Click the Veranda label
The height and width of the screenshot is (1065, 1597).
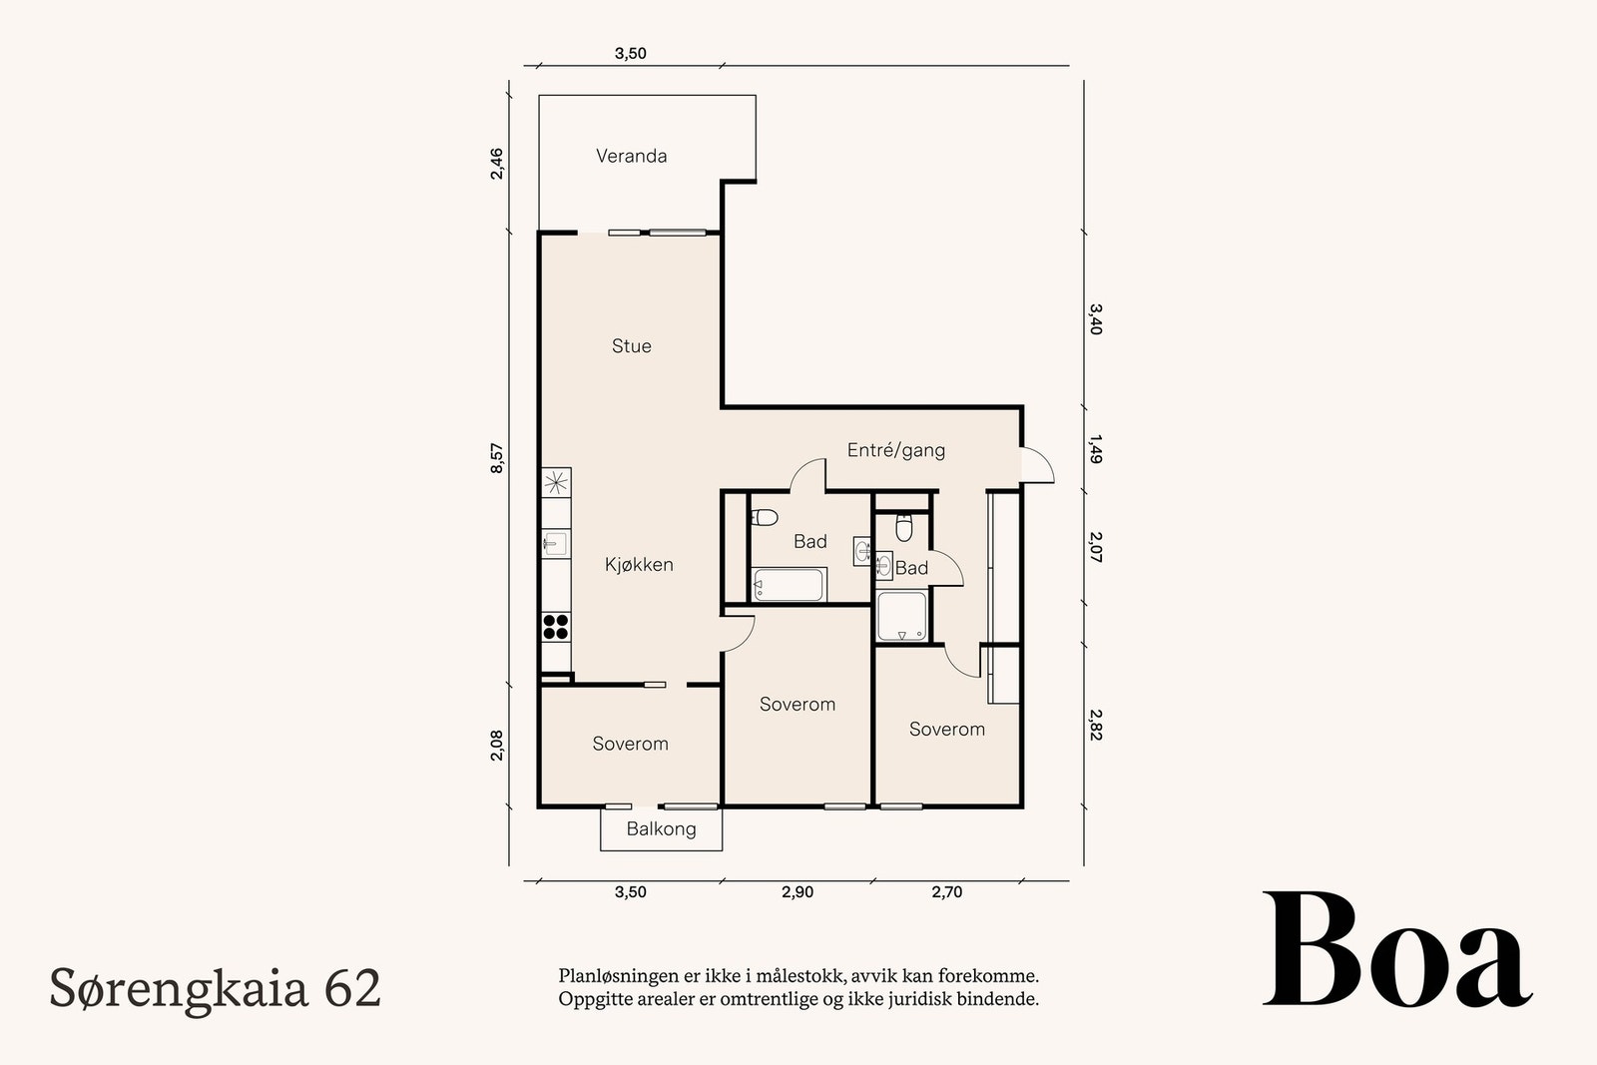[x=631, y=156]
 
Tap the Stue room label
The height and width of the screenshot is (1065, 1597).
[x=631, y=345]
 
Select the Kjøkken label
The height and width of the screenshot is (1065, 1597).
[x=639, y=565]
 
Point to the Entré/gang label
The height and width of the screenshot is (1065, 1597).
[x=896, y=450]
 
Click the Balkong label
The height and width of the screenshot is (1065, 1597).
[x=661, y=829]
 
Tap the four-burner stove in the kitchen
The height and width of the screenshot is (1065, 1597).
[x=556, y=627]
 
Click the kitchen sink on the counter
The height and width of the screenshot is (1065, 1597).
[x=555, y=543]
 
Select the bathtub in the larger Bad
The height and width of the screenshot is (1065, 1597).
[x=789, y=585]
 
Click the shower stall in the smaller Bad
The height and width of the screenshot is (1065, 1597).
[x=902, y=616]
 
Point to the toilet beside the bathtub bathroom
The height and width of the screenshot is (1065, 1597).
[x=765, y=517]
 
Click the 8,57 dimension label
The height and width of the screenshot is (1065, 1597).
[x=497, y=458]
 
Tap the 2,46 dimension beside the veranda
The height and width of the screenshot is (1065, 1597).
[x=497, y=164]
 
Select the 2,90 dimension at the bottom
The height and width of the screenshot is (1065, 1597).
[x=798, y=891]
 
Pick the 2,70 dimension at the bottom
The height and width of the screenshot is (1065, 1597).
[x=947, y=891]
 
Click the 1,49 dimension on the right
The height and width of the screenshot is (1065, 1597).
[x=1096, y=449]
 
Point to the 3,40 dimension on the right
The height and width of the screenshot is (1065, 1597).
[x=1096, y=318]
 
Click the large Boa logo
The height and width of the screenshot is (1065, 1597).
[x=1397, y=949]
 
